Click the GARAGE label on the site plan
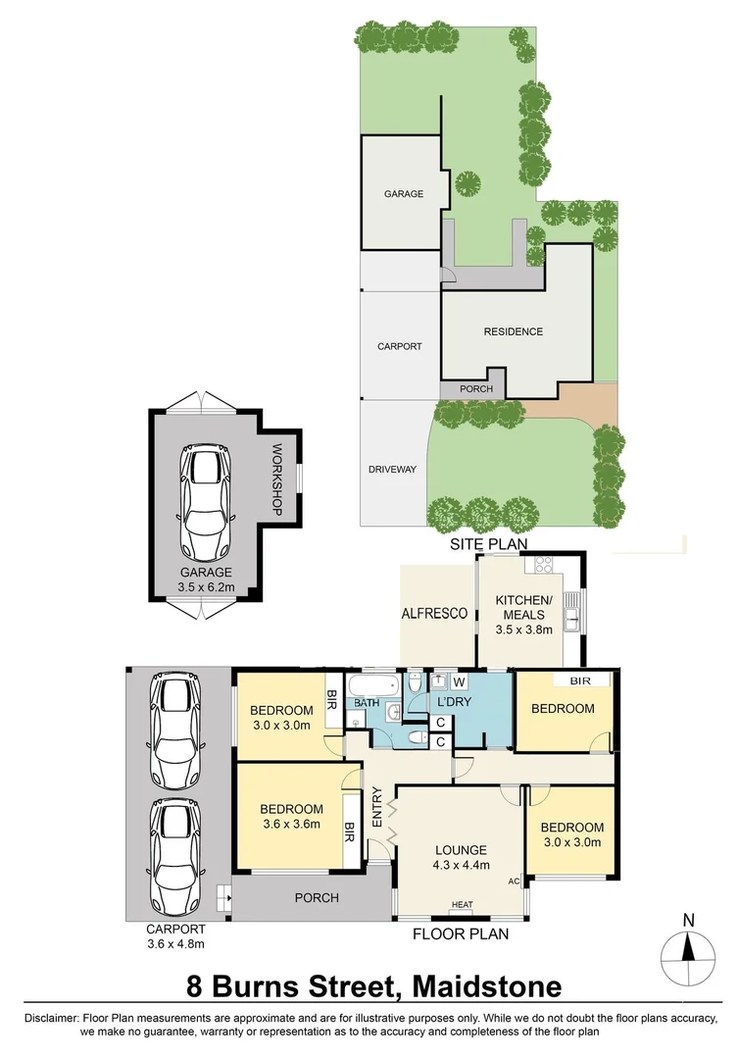403,194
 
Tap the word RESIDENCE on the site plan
513,331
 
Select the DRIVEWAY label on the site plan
392,470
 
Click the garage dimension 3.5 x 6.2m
206,587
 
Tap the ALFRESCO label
434,613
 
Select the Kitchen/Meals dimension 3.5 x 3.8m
524,630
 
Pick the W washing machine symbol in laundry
458,682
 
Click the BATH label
367,703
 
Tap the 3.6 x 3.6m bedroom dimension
291,825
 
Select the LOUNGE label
460,850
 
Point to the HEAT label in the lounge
462,905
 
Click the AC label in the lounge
514,882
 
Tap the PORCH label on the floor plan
317,898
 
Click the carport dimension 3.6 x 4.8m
176,944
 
